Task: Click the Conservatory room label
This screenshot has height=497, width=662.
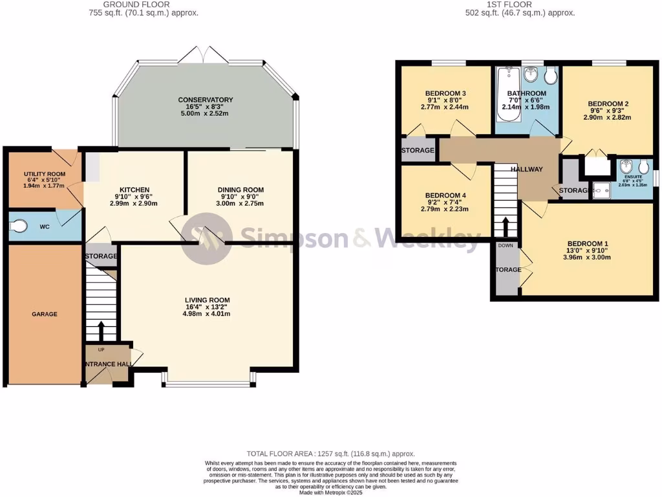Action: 206,100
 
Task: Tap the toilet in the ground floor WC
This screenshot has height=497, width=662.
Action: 19,226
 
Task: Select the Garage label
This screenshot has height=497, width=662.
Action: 45,314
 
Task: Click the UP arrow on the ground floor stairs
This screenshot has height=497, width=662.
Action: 100,330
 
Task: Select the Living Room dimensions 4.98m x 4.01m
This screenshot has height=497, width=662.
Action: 207,314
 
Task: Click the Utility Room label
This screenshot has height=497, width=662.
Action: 45,174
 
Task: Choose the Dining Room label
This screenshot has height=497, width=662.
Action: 240,190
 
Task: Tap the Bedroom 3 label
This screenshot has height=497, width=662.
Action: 445,94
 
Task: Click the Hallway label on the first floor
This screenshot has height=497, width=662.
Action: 526,170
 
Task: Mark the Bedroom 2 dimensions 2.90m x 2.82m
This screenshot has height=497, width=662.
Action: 608,117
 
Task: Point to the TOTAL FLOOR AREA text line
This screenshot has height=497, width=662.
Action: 330,454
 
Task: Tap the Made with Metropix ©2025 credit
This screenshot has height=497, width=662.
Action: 330,492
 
